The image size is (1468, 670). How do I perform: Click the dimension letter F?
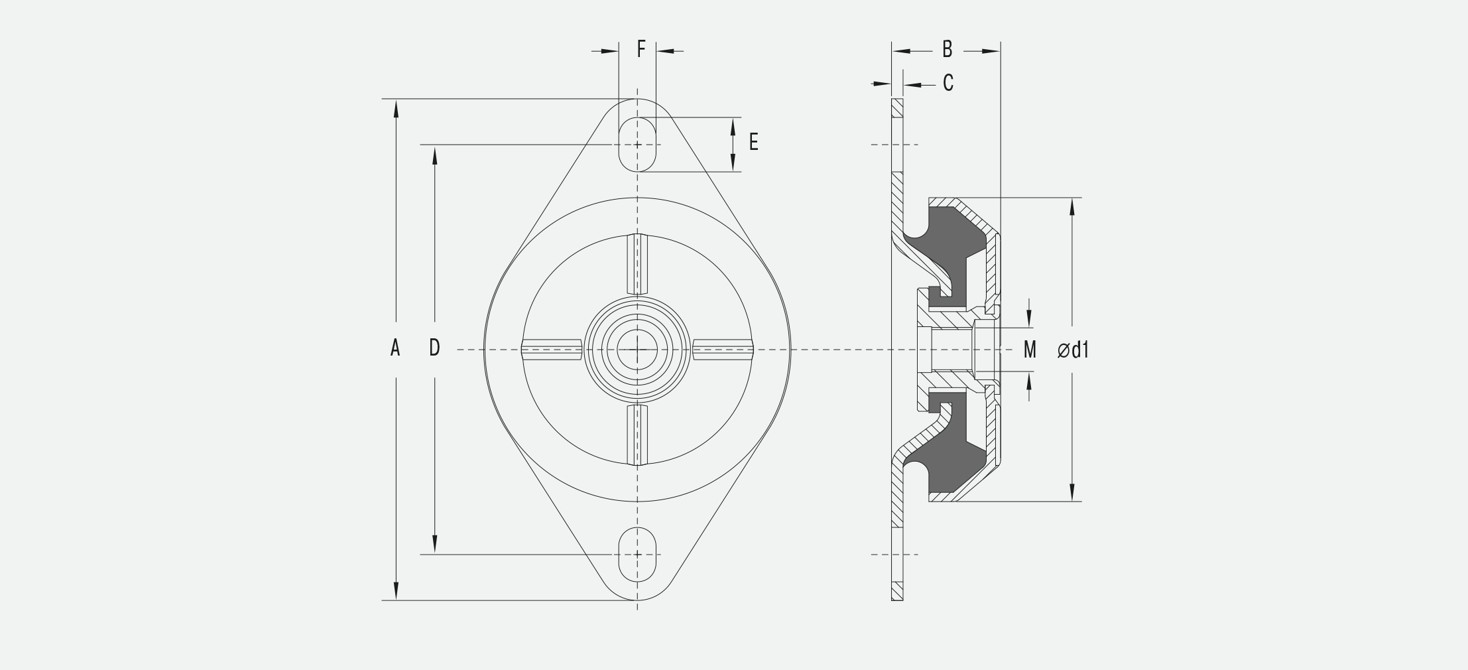click(641, 49)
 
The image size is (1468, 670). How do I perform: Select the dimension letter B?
click(948, 49)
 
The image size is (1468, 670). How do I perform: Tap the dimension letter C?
click(948, 83)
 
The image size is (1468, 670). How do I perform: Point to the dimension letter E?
click(753, 142)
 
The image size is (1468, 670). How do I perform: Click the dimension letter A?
click(395, 348)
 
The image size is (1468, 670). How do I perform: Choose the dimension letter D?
click(434, 348)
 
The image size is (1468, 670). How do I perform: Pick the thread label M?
click(1029, 350)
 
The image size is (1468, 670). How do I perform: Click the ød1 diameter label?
click(1073, 350)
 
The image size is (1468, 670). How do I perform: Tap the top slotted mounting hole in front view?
click(638, 145)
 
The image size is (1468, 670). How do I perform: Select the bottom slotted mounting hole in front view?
click(638, 555)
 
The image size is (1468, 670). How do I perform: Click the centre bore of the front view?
click(637, 349)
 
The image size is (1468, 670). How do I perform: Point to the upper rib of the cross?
click(637, 264)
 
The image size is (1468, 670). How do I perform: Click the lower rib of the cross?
click(637, 435)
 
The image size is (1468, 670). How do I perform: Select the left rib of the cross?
click(552, 350)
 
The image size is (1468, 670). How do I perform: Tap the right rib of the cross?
click(723, 350)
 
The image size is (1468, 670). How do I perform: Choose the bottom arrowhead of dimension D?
click(435, 545)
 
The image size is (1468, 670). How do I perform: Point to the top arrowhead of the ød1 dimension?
click(1072, 207)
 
